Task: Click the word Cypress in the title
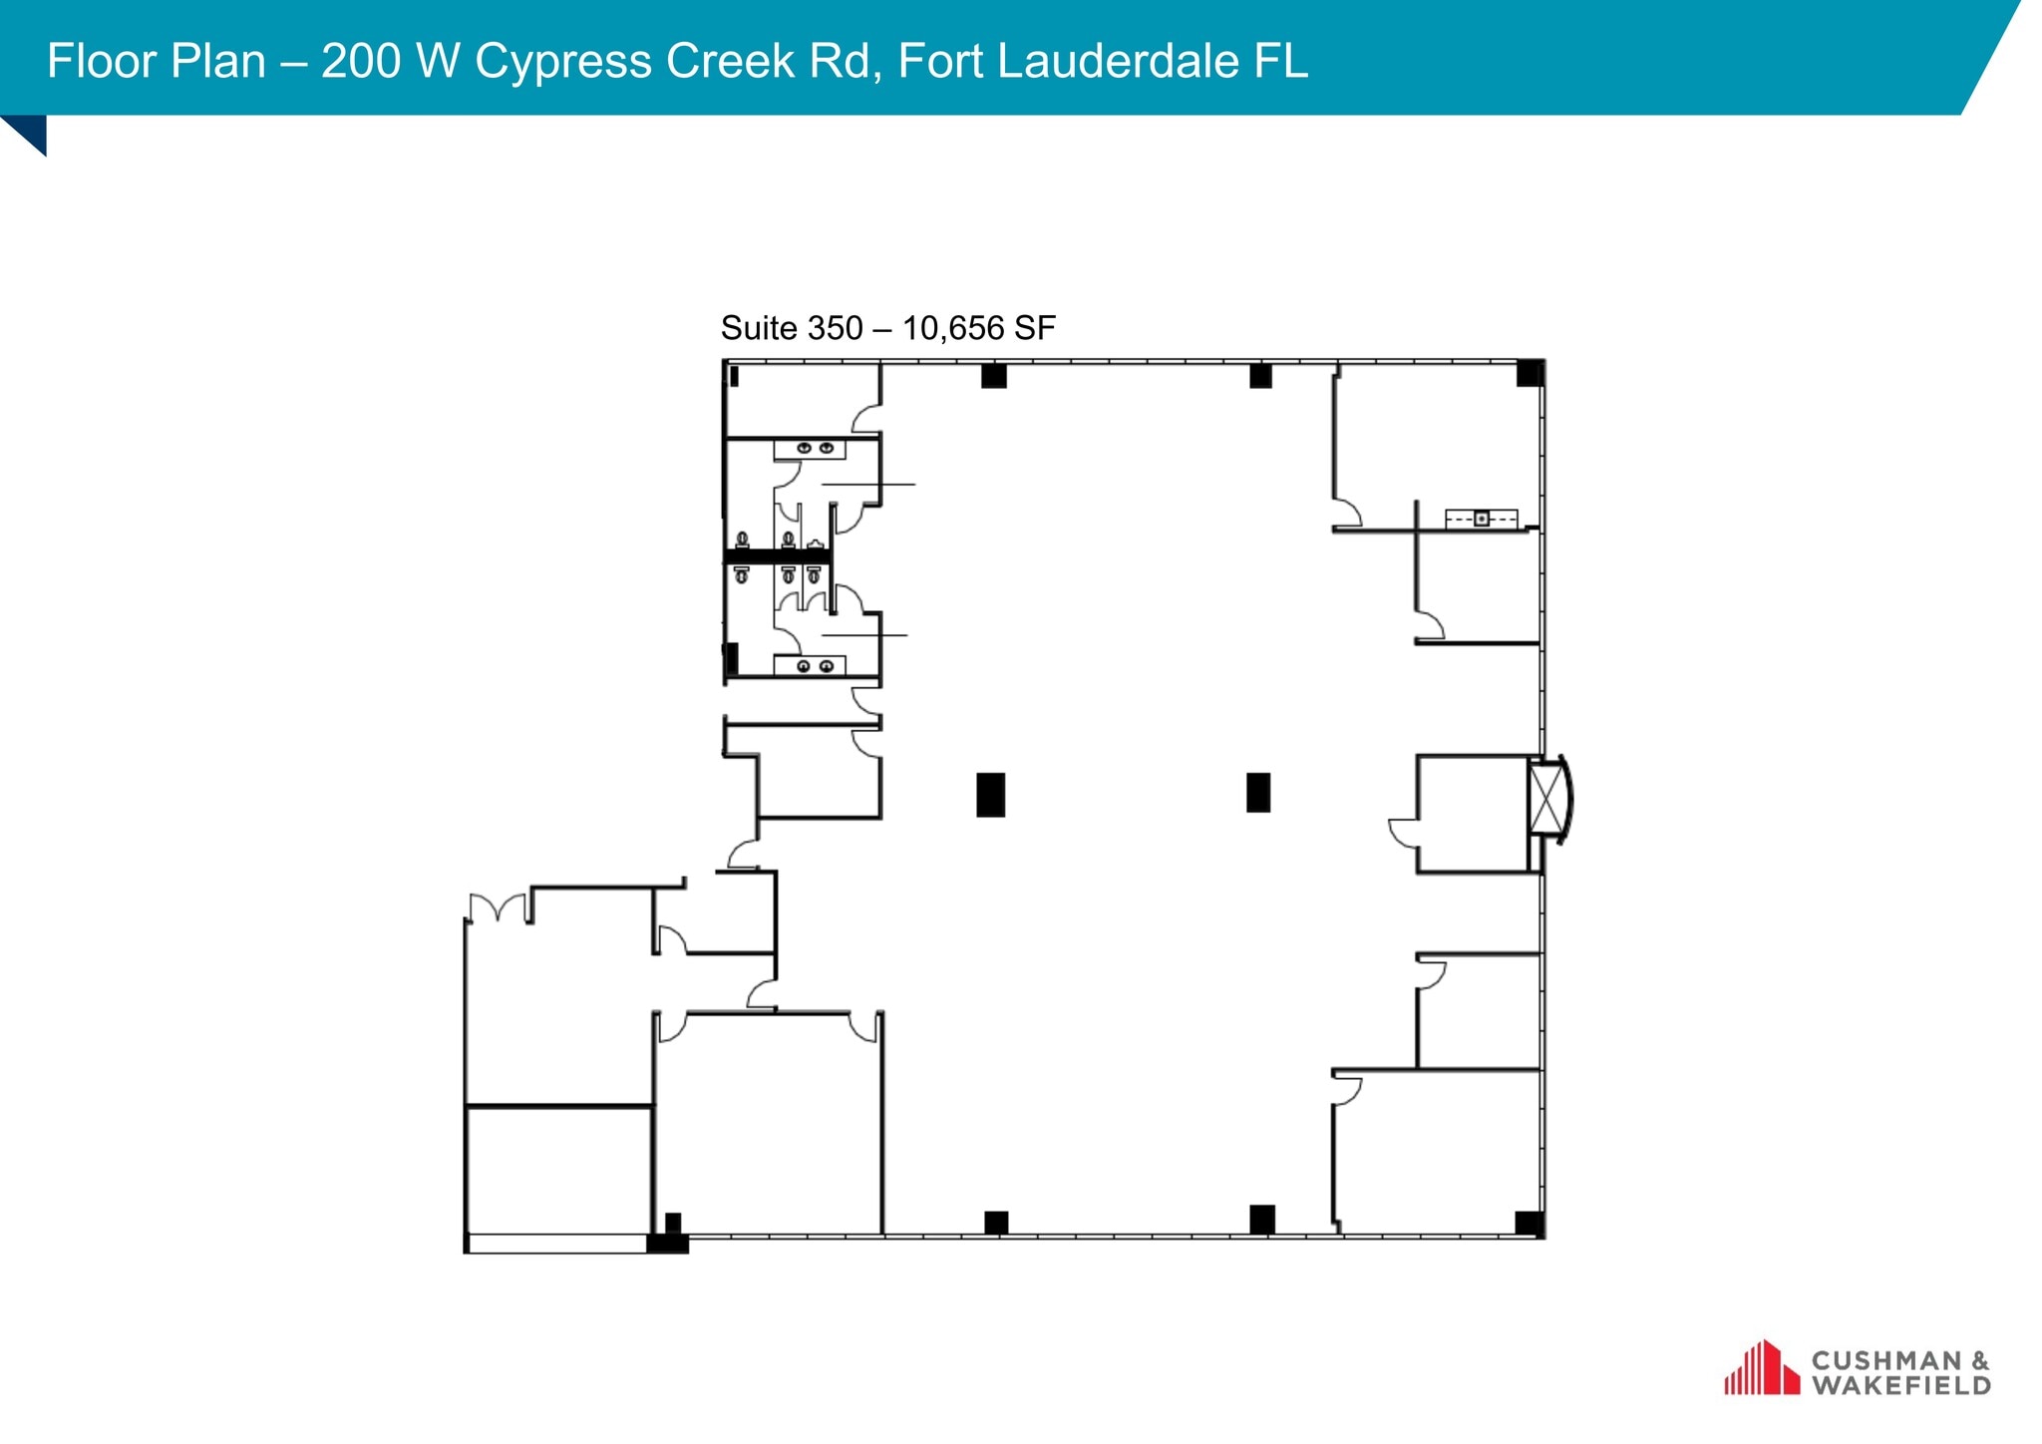(x=564, y=62)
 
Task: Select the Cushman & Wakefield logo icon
(x=1761, y=1368)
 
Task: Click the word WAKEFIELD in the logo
(x=1900, y=1385)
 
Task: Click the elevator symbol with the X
(x=1546, y=798)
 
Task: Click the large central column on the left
(x=990, y=795)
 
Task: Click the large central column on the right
(x=1257, y=793)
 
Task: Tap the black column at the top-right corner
(x=1530, y=373)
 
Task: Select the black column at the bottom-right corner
(x=1529, y=1223)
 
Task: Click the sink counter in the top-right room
(x=1481, y=519)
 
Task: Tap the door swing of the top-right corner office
(x=1348, y=513)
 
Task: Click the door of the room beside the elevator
(x=1404, y=832)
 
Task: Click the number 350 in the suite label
(x=836, y=328)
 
